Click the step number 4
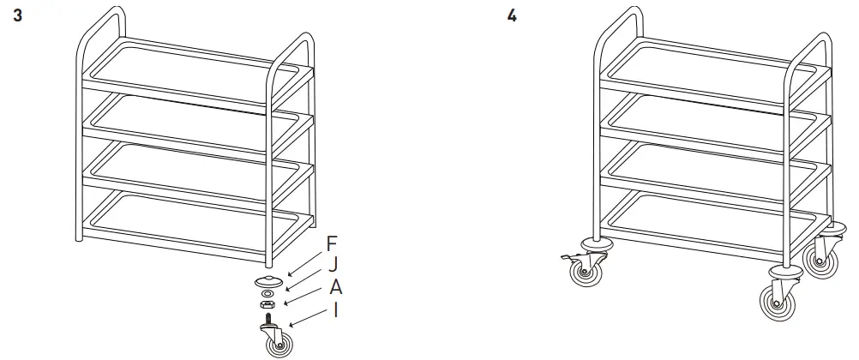(512, 16)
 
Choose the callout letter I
(335, 309)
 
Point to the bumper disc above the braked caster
(594, 242)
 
